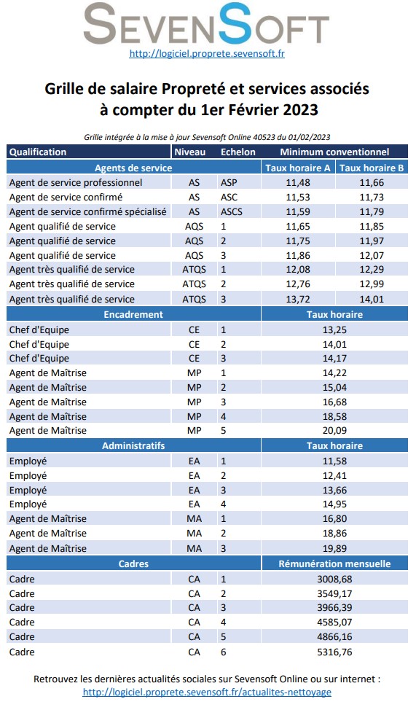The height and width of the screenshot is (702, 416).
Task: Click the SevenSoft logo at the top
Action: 206,23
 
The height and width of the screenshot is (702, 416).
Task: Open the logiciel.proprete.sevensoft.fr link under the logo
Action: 206,53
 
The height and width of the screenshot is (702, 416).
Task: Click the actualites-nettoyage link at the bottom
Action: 207,692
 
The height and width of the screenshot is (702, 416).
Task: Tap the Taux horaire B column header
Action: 372,168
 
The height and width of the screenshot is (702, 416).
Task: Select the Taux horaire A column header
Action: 298,168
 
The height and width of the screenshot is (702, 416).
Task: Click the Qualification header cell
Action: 38,152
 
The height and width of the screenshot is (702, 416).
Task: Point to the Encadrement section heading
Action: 133,314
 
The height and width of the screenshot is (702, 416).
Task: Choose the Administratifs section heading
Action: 133,445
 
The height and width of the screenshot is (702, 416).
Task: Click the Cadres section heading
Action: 133,563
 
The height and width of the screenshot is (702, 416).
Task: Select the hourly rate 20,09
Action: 334,431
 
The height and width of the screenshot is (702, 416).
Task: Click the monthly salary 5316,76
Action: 334,652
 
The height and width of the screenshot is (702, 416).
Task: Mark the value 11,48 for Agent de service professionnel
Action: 298,182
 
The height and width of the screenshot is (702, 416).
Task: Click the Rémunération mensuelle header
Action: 334,563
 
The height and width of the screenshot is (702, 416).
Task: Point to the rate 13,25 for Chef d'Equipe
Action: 334,329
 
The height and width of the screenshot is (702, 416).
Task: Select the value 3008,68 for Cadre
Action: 334,579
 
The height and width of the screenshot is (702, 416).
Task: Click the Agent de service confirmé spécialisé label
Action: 88,211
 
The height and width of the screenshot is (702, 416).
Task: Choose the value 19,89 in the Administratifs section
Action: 334,548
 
